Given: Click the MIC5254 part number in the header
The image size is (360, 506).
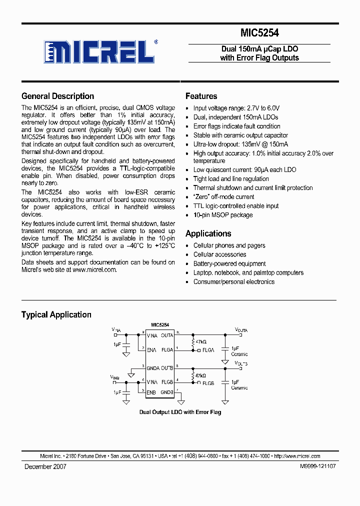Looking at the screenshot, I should tap(259, 33).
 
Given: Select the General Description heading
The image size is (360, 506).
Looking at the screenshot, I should tap(57, 96).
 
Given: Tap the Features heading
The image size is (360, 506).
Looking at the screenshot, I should tap(201, 96).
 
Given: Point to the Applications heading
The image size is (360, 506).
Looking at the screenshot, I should tap(208, 233).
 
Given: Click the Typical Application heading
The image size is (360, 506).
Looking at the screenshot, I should tap(56, 314).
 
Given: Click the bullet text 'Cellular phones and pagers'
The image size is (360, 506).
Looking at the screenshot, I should tap(229, 245).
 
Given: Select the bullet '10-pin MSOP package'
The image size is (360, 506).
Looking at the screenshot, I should tap(223, 215).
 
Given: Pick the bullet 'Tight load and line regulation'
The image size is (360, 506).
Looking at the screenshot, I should tap(231, 179).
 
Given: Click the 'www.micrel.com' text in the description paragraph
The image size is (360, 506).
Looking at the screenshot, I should tap(94, 269).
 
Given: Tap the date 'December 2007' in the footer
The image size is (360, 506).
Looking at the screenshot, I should tap(45, 466).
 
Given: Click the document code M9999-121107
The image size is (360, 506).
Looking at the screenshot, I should tap(318, 466).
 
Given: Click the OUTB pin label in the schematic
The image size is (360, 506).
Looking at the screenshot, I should tap(167, 368).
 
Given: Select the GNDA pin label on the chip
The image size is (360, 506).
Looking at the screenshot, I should tap(153, 368).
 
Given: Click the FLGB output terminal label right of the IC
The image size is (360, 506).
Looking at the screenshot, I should tap(208, 383).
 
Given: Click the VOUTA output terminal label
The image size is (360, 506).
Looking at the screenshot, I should tap(241, 330).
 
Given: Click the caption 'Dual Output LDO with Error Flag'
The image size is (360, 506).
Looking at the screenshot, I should tap(179, 412).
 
